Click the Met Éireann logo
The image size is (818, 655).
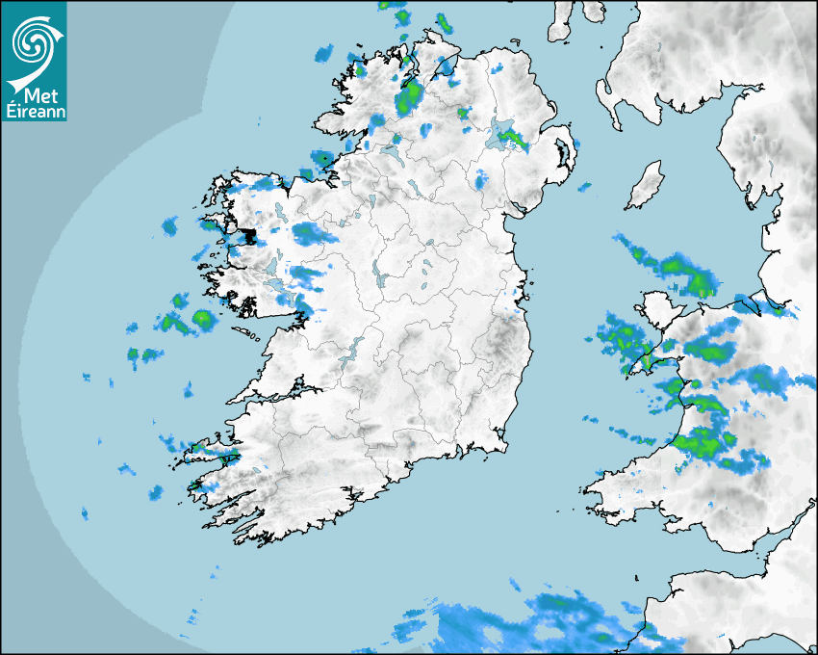[x=35, y=61]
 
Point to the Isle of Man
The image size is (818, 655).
[x=646, y=186]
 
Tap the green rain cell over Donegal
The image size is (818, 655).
[x=411, y=95]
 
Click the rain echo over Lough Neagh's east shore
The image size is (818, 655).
[x=516, y=140]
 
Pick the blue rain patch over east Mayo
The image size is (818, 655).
[x=310, y=232]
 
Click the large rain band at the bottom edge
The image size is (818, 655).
[x=539, y=621]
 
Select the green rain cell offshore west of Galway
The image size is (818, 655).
[x=202, y=319]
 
